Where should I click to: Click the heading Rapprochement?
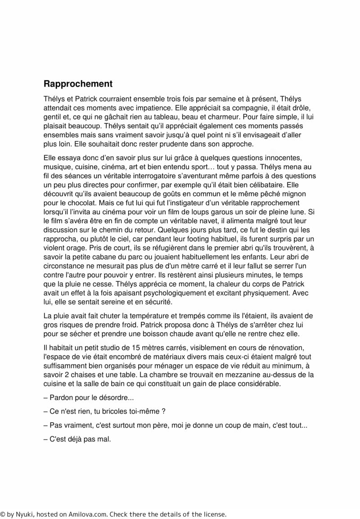pos(77,84)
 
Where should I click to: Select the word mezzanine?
pos(203,375)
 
